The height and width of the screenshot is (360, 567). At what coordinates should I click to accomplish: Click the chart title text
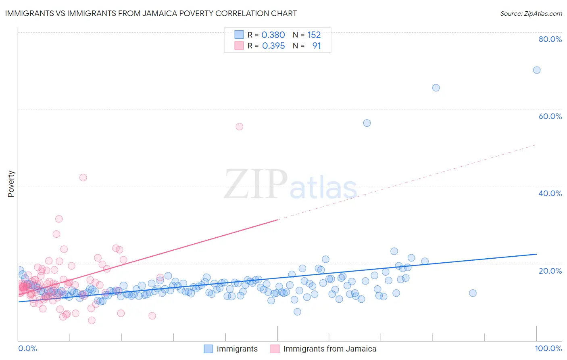[x=151, y=13]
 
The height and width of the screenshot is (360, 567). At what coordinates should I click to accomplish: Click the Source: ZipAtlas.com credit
[x=531, y=13]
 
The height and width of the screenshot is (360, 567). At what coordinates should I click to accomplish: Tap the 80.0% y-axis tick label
[x=550, y=39]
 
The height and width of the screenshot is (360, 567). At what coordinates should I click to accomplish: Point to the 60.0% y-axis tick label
[x=550, y=116]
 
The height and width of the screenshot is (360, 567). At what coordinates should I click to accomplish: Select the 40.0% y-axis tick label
[x=550, y=193]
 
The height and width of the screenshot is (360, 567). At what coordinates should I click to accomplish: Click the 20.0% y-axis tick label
[x=550, y=271]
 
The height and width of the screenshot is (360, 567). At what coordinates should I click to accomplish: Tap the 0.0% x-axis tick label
[x=28, y=348]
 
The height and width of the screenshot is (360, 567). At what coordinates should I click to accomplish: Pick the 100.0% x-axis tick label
[x=548, y=348]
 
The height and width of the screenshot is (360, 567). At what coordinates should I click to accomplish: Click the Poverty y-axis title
[x=11, y=184]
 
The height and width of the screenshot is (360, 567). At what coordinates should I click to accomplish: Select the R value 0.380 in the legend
[x=273, y=35]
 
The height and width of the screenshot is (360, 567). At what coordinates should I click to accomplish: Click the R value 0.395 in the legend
[x=273, y=46]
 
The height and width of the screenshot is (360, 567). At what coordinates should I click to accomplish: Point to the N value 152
[x=314, y=35]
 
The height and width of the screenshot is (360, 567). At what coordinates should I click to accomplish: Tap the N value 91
[x=317, y=46]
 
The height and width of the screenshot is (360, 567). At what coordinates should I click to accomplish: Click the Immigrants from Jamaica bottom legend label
[x=329, y=349]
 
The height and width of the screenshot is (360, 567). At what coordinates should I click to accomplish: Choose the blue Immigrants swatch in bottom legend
[x=208, y=349]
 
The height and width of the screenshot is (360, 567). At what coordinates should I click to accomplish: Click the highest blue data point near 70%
[x=537, y=70]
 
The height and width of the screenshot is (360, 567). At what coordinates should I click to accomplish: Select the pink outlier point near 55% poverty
[x=239, y=127]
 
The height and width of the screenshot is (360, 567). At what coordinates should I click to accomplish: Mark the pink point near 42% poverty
[x=83, y=178]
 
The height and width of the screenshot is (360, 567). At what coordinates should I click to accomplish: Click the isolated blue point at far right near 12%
[x=473, y=293]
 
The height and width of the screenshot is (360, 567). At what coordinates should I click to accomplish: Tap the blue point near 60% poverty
[x=367, y=123]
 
